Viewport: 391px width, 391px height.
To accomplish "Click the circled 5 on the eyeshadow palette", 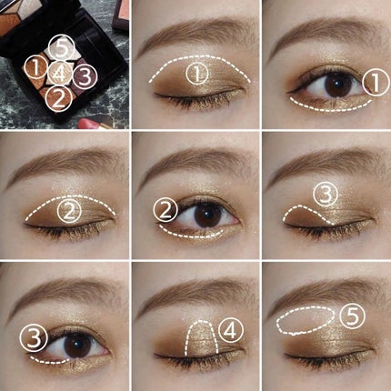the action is [62, 47].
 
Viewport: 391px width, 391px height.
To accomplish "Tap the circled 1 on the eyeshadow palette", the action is [36, 68].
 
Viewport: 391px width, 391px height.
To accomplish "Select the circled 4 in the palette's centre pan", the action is [60, 73].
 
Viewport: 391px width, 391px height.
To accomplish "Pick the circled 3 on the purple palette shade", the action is [85, 75].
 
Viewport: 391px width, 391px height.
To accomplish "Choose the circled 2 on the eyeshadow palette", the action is [59, 98].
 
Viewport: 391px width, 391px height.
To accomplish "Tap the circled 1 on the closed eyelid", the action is [197, 74].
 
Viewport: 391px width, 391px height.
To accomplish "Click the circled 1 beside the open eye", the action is [376, 83].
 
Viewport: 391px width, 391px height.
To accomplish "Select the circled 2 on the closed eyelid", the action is [69, 211].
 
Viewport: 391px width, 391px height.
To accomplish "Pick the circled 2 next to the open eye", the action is [165, 210].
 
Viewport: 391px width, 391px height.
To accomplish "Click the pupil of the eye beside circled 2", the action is [206, 215].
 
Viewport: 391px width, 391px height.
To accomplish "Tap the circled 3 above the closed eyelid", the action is [326, 195].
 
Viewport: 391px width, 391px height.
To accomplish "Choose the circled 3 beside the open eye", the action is [34, 338].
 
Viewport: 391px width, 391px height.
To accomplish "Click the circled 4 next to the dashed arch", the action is [231, 331].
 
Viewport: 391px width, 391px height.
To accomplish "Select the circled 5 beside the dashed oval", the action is [352, 316].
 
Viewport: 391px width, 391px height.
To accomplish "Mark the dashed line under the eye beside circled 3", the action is [48, 362].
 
